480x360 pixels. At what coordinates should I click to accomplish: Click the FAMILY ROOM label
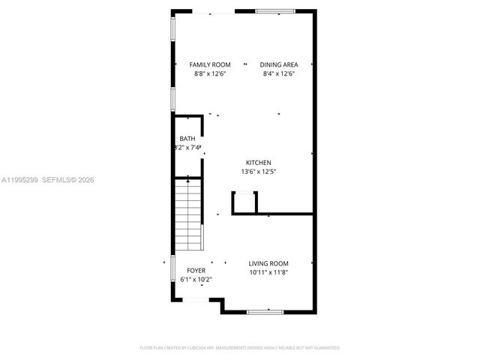coord(210,64)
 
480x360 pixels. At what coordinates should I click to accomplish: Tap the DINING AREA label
coord(279,64)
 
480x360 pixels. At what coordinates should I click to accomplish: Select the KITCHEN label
coord(259,163)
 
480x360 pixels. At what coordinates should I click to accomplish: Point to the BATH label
coord(187,139)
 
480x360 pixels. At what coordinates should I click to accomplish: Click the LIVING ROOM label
coord(268,263)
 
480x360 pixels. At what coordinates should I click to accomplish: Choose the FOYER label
coord(196,270)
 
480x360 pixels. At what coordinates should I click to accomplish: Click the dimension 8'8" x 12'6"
coord(210,73)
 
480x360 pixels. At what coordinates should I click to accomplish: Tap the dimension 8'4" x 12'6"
coord(279,73)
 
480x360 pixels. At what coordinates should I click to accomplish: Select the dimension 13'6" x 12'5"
coord(259,172)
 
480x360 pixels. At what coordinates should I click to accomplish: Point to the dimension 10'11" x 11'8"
coord(268,272)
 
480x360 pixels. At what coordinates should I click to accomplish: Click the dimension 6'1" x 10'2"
coord(196,280)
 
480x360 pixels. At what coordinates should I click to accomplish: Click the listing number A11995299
coord(19,179)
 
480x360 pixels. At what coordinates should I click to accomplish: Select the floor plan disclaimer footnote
coord(240,348)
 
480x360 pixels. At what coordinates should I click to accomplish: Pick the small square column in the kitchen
coord(245,202)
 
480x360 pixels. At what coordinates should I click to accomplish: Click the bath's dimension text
coord(188,148)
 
